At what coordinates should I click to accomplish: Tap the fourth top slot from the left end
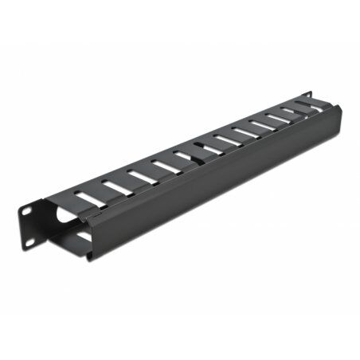(x=166, y=166)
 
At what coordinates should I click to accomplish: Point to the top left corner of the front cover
(x=88, y=213)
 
